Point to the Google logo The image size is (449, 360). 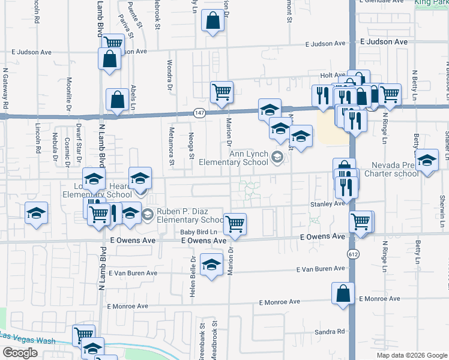click(x=20, y=353)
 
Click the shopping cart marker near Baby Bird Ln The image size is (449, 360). click(x=235, y=224)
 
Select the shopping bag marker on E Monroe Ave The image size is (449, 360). click(x=343, y=294)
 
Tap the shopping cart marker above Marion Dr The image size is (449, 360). click(x=221, y=92)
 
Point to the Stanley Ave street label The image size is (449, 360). click(x=327, y=204)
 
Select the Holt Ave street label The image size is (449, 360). click(x=330, y=75)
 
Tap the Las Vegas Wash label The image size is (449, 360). click(x=28, y=340)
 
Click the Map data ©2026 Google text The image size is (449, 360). click(x=411, y=355)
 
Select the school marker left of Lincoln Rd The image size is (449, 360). click(x=36, y=213)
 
